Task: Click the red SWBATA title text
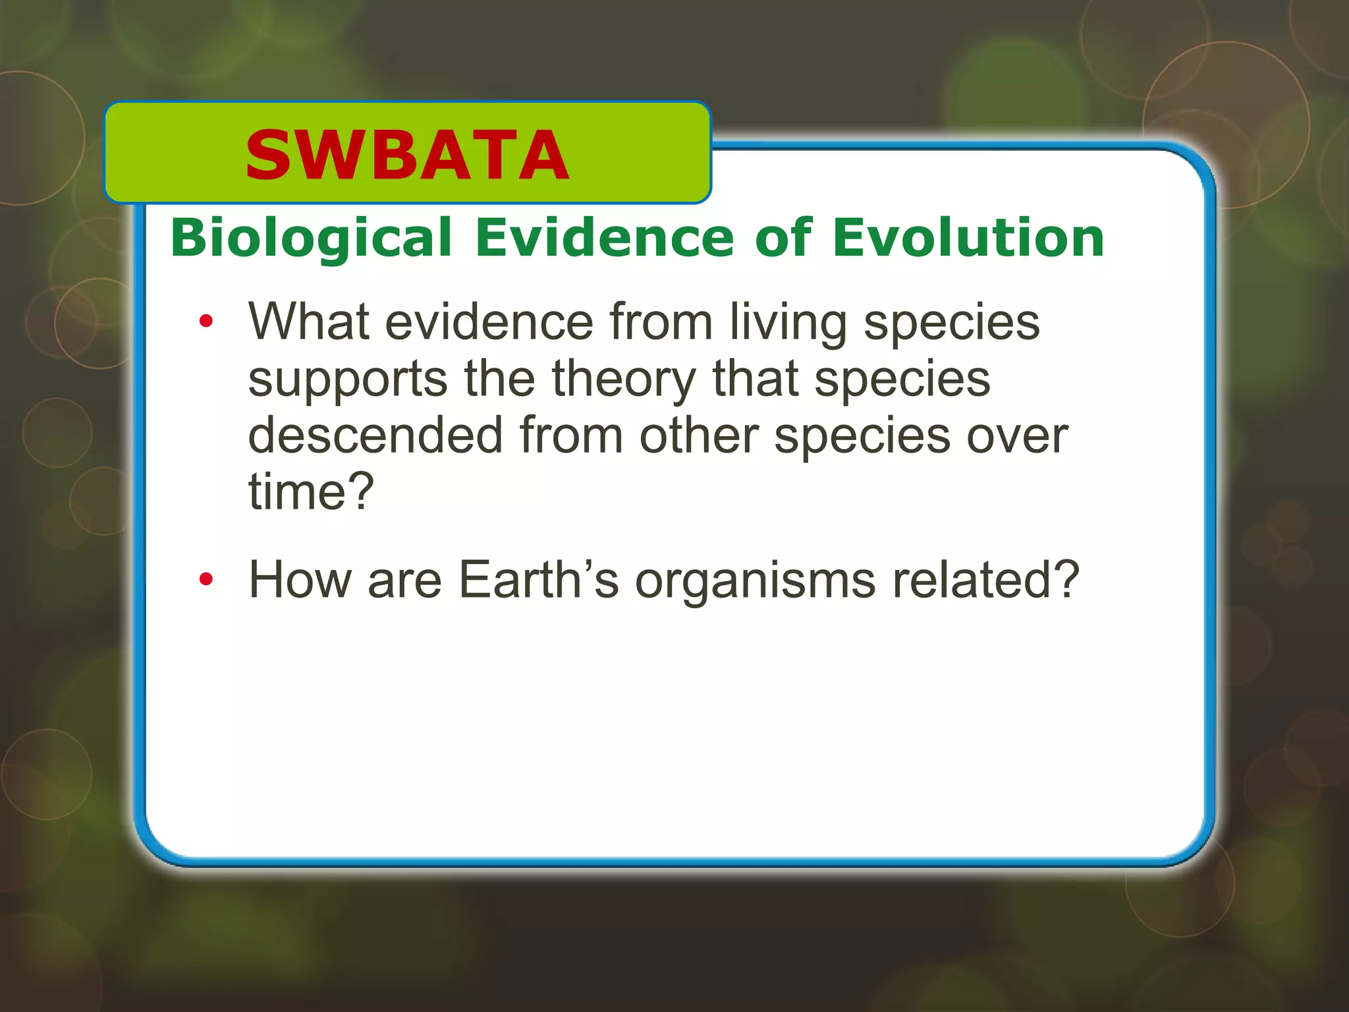pyautogui.click(x=406, y=155)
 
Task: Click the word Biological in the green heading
pyautogui.click(x=311, y=238)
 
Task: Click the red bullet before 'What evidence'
pyautogui.click(x=206, y=322)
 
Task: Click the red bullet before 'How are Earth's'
pyautogui.click(x=206, y=580)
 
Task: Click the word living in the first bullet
pyautogui.click(x=788, y=323)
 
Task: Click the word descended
pyautogui.click(x=375, y=436)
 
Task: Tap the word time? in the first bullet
pyautogui.click(x=311, y=492)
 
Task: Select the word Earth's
pyautogui.click(x=538, y=580)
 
